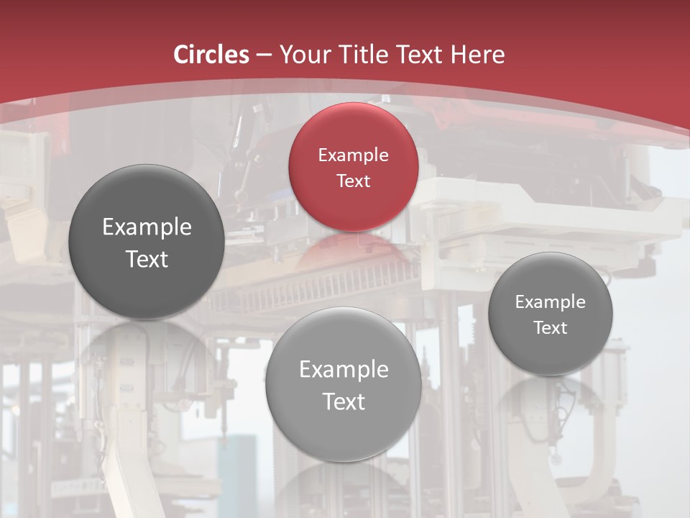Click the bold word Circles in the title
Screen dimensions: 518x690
(211, 55)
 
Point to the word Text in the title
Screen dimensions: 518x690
(420, 55)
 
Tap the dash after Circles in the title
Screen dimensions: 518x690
(264, 55)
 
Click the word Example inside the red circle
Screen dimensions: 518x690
(353, 155)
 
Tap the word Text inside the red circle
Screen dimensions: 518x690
(353, 181)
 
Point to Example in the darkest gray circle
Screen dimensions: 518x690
(147, 227)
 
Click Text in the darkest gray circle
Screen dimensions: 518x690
(147, 259)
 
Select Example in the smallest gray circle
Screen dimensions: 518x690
(550, 302)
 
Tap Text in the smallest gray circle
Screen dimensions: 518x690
(550, 328)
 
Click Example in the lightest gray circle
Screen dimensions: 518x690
(344, 370)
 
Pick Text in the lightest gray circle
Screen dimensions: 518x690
(344, 401)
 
